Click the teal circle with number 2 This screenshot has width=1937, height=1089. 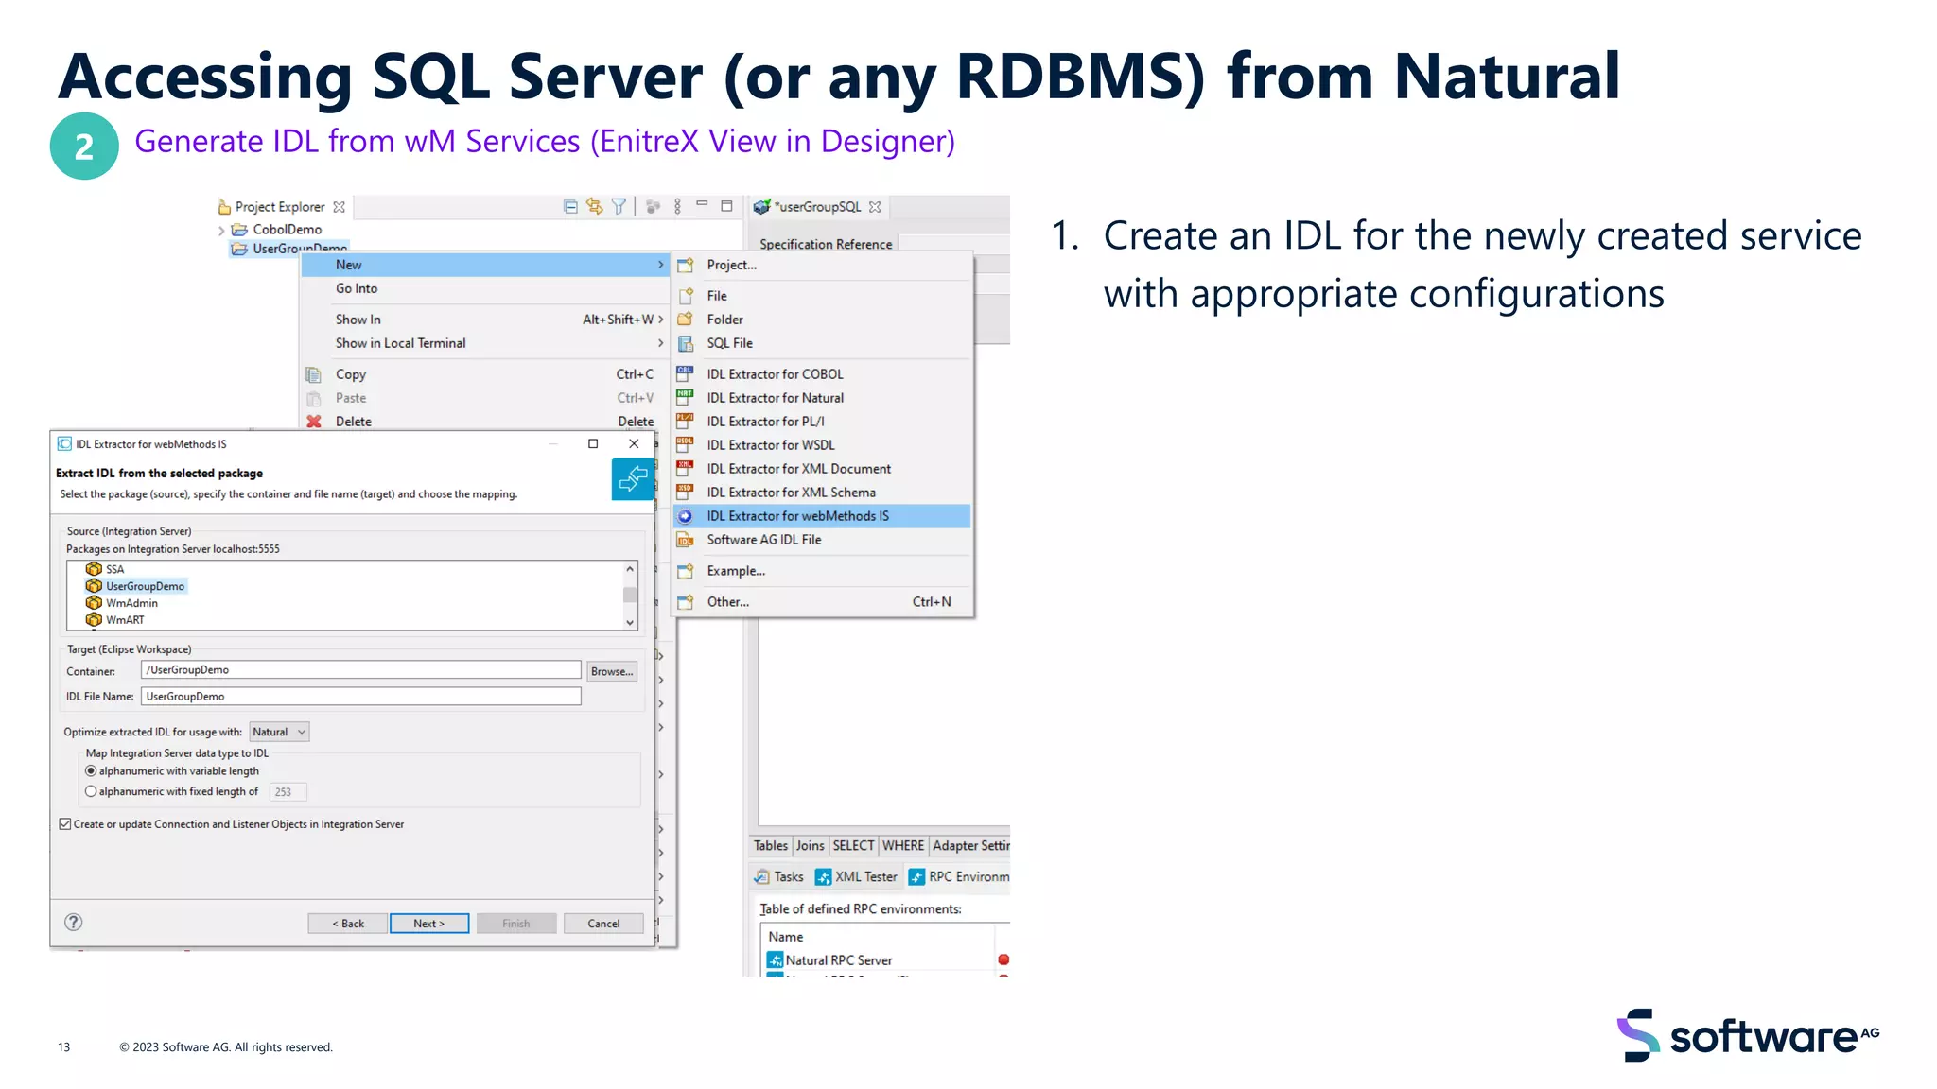pos(84,147)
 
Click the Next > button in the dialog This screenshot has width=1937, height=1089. pos(428,924)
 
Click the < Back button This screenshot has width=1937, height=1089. pos(348,924)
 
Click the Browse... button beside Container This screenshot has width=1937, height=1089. pos(611,671)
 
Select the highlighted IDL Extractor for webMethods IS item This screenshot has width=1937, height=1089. pos(797,516)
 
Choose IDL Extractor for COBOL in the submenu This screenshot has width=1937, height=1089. pos(775,374)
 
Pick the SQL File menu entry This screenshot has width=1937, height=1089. pos(729,343)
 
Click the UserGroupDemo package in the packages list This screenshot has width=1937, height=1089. pos(145,586)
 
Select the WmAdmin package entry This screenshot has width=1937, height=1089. pos(131,603)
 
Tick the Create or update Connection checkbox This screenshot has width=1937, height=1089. pos(65,824)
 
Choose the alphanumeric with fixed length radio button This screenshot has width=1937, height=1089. pos(91,792)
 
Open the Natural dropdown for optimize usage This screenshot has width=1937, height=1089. pos(279,732)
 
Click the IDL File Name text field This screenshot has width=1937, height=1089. pos(360,697)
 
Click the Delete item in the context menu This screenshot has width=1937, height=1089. pos(354,422)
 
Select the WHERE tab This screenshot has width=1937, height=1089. pos(902,846)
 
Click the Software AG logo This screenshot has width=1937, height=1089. pos(1747,1036)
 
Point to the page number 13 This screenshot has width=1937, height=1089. pos(64,1047)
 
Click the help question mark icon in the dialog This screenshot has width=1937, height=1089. pos(73,923)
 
